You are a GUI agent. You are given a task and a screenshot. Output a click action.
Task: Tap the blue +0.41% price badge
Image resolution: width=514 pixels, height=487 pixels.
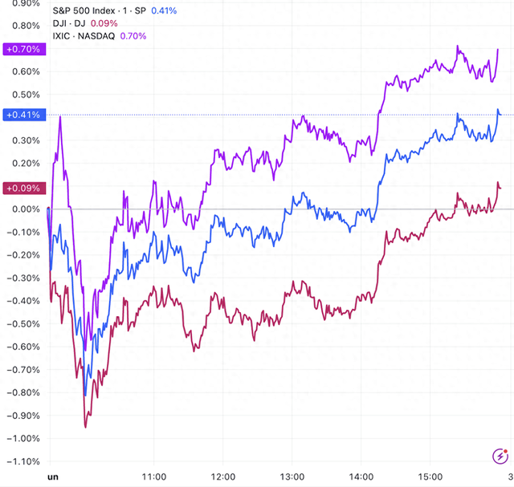pos(22,115)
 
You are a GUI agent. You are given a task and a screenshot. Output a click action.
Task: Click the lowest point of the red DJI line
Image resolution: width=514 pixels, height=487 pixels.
pos(85,426)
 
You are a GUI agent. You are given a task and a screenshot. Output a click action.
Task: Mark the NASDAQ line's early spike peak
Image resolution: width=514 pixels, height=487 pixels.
pos(61,128)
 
